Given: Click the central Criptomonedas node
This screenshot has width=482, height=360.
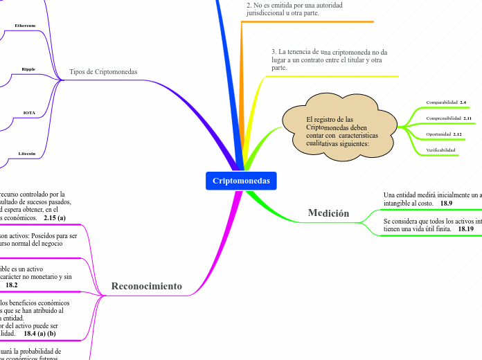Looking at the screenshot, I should tap(241, 181).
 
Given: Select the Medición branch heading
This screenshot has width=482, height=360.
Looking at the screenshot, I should tap(328, 213).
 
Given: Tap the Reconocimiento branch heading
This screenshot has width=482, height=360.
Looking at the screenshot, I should tap(146, 286).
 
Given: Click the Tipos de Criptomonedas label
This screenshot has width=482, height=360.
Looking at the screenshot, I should tap(103, 72).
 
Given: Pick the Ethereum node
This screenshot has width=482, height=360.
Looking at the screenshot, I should tap(25, 26).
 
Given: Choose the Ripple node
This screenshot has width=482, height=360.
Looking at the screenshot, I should tap(28, 69).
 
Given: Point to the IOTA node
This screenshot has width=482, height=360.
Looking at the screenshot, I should tap(29, 112).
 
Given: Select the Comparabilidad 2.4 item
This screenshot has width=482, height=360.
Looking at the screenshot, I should tap(446, 102).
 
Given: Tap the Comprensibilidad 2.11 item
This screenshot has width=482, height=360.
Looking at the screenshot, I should tap(448, 118).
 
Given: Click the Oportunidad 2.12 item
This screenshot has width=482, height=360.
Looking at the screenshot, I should tap(444, 134).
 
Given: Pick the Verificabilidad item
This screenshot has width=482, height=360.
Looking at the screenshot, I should tap(440, 150).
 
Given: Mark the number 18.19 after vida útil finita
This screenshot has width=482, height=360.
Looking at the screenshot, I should tap(465, 228).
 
